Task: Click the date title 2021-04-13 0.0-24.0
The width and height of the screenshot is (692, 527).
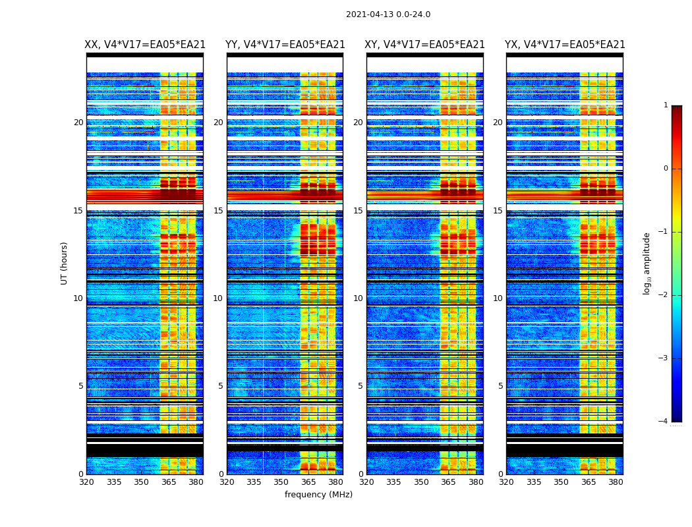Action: [388, 14]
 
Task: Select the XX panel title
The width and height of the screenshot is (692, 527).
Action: [145, 45]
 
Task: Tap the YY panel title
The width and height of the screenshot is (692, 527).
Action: [285, 45]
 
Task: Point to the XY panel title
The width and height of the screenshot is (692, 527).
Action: [425, 45]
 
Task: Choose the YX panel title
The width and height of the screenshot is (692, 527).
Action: [565, 45]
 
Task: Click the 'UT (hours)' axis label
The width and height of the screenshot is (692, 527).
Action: [65, 263]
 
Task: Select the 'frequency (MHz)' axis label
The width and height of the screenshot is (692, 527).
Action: [318, 495]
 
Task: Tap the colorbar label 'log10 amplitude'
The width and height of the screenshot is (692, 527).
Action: [647, 263]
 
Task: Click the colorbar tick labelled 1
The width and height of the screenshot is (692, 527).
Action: [666, 105]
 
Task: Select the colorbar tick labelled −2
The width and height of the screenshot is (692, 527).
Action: [664, 295]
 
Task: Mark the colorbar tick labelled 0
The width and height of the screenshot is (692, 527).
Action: [666, 169]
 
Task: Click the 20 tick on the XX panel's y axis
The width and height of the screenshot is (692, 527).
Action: [78, 123]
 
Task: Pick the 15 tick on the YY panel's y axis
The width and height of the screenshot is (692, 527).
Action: [218, 211]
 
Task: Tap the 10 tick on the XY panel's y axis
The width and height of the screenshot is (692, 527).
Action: [358, 298]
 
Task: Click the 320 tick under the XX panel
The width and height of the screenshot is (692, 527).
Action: [86, 482]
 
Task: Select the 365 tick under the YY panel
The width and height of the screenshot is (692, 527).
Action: [308, 482]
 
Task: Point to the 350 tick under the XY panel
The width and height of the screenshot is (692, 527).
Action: [421, 482]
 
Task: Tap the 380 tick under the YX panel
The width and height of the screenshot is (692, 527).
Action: [616, 482]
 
